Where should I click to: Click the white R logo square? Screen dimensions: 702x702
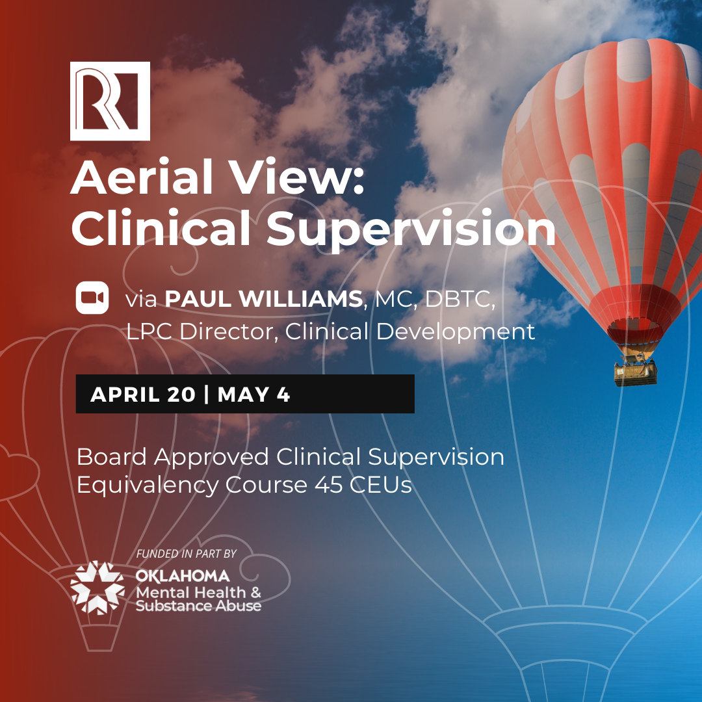[x=110, y=101]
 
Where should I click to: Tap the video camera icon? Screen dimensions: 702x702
[x=92, y=298]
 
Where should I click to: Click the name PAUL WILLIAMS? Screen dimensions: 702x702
[x=264, y=298]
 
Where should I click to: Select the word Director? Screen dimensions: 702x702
[x=226, y=331]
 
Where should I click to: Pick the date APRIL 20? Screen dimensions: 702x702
[x=143, y=395]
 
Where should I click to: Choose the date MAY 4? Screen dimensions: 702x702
[x=254, y=395]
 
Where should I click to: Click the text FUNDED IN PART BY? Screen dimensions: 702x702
[x=187, y=554]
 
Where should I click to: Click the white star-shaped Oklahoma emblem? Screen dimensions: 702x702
[x=97, y=588]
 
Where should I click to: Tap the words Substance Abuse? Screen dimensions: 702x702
[x=198, y=606]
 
